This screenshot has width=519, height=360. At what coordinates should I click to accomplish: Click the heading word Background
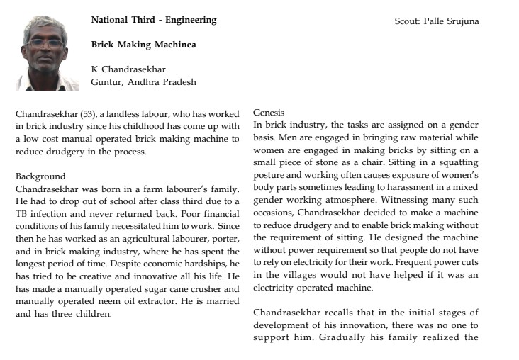click(x=40, y=176)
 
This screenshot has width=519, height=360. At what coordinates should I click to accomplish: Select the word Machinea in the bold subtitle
click(x=171, y=45)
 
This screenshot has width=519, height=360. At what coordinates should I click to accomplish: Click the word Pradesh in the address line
click(x=178, y=82)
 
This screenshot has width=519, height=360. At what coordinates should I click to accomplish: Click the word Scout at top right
click(x=408, y=21)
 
